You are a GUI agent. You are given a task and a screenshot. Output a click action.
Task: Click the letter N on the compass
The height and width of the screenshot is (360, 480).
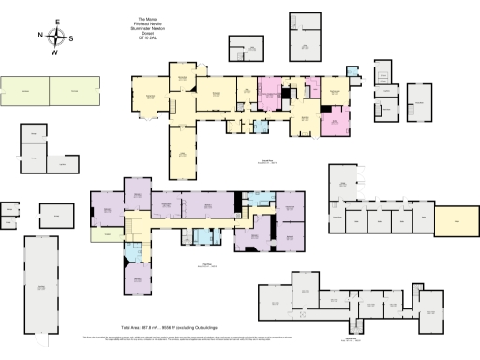40,37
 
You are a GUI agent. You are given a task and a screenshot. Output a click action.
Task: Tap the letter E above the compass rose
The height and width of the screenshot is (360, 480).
56,22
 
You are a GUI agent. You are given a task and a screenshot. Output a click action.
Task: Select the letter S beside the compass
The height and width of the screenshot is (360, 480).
73,37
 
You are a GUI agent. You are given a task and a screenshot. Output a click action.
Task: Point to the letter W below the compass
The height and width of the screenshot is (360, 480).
56,52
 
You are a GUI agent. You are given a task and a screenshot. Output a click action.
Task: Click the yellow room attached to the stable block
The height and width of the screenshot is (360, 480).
455,217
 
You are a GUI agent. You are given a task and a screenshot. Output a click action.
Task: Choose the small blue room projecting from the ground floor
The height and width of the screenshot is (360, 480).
352,71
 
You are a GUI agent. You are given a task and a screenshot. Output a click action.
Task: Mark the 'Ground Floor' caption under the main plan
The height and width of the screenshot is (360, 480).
267,162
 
